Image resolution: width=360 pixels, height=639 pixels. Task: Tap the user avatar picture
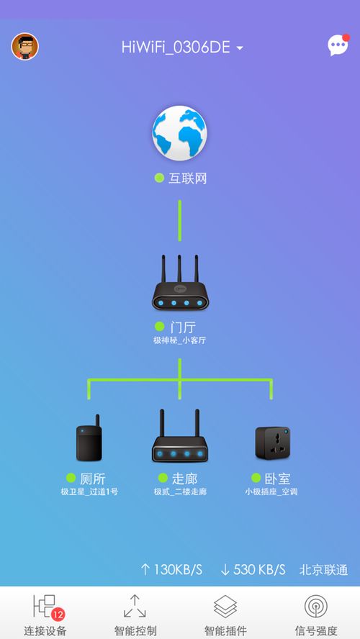point(25,47)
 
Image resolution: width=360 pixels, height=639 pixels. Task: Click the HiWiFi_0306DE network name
point(176,47)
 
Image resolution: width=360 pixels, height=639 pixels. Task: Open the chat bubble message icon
point(338,45)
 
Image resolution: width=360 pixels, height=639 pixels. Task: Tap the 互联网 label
point(187,178)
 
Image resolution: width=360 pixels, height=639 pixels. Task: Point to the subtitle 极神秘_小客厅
point(179,340)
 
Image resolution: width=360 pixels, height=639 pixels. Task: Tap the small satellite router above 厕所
point(89,438)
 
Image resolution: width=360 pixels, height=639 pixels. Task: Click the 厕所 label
point(93,479)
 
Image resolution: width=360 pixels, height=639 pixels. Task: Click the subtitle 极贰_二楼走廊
point(180,492)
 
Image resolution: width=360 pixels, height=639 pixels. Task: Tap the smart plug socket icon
point(272,443)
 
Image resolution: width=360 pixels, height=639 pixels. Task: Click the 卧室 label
point(278,479)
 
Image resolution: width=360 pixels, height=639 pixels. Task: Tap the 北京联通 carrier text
point(324,569)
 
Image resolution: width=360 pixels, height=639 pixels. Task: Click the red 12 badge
point(58,614)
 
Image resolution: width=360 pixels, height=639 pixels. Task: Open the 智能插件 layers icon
point(225,607)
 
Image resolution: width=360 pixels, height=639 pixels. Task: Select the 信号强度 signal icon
point(316,607)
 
